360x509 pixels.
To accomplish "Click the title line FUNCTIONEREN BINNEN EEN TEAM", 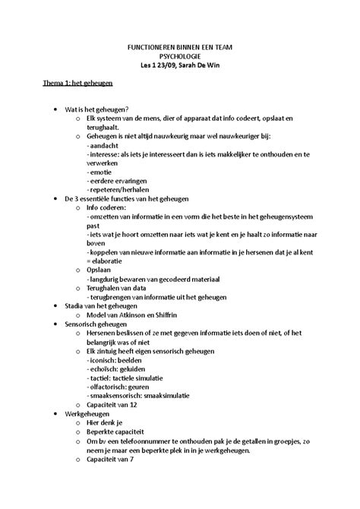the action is [x=180, y=47].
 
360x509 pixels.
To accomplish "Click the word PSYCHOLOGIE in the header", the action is [x=180, y=56].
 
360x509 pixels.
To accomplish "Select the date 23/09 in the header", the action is [x=162, y=66].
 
